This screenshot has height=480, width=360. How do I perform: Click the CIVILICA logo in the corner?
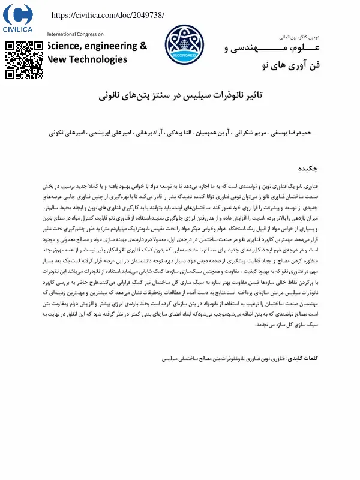point(23,19)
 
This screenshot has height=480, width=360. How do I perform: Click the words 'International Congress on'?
point(76,35)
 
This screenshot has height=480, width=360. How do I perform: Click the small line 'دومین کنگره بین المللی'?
point(298,37)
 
